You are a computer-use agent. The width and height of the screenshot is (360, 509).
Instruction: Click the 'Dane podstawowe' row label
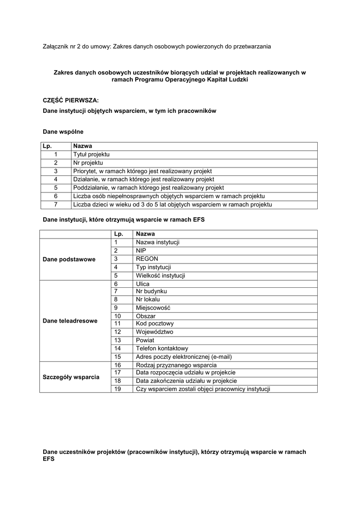coord(69,259)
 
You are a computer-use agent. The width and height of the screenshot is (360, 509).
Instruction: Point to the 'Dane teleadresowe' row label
coord(71,321)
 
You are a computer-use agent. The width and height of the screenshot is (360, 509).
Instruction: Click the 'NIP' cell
coord(141,251)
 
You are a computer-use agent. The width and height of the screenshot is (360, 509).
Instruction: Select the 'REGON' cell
coord(147,259)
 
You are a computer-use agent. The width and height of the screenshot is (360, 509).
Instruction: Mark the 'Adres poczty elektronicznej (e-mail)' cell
coord(183,357)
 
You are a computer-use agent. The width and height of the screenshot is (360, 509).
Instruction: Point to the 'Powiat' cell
coord(145,340)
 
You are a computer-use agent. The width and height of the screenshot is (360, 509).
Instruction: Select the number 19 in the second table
coord(118,389)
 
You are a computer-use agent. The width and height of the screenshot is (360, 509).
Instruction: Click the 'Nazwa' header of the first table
coord(83,146)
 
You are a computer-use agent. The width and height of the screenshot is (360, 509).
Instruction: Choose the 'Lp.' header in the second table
coord(118,234)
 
